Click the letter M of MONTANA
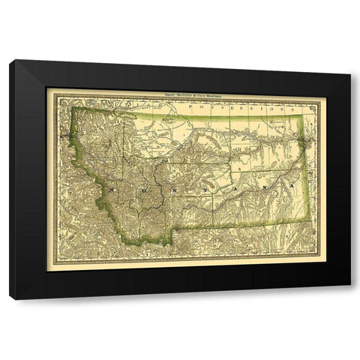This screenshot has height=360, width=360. [112, 190]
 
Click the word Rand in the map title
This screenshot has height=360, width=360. [156, 95]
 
